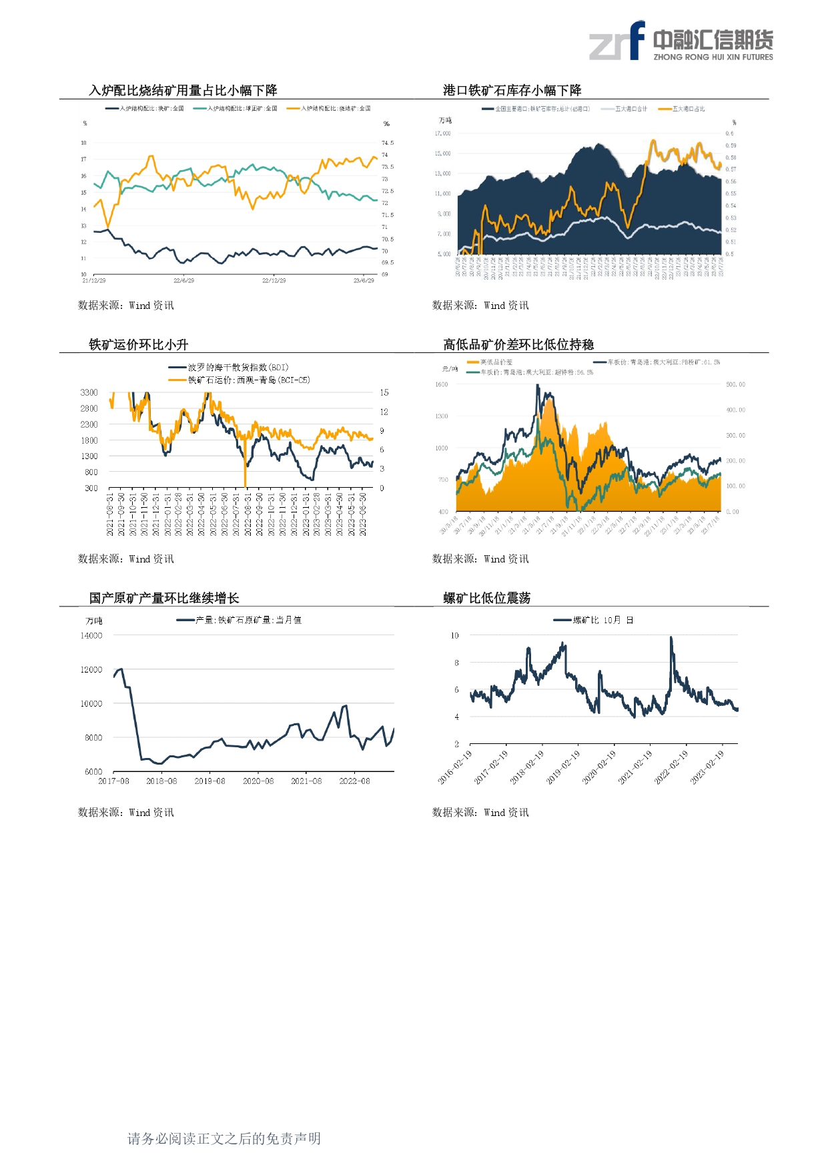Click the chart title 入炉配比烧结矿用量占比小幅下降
[x=183, y=91]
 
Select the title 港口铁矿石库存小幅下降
[x=512, y=91]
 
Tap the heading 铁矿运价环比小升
[x=139, y=345]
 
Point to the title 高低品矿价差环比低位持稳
[x=518, y=345]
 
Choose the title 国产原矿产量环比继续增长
[x=164, y=599]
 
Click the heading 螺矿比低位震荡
[x=486, y=599]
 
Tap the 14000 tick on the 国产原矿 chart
[x=91, y=636]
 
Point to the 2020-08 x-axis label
[x=258, y=781]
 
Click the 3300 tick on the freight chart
[x=89, y=393]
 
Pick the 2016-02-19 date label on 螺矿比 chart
[x=456, y=767]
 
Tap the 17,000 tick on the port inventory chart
[x=442, y=133]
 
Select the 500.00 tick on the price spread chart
[x=735, y=385]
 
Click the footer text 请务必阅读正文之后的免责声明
[x=224, y=1138]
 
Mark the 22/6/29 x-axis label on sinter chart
[x=183, y=281]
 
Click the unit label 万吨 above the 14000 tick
[x=94, y=621]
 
